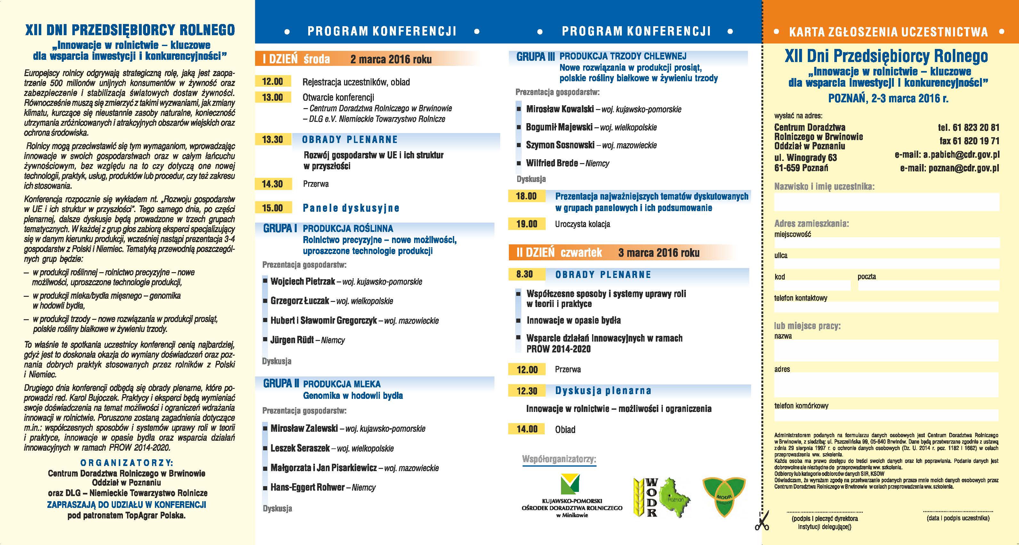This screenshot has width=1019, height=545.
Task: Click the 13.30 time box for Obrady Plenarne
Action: pos(273,139)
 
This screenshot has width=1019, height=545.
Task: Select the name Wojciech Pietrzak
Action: pos(303,281)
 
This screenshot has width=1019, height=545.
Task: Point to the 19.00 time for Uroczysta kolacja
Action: pos(526,224)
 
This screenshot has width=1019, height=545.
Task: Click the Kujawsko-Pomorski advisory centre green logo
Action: pos(570,485)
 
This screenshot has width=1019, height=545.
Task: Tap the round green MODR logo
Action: pos(724,497)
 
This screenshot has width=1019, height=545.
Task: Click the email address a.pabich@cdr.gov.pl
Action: pos(947,154)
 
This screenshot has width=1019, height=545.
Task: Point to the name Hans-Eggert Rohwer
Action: pos(307,487)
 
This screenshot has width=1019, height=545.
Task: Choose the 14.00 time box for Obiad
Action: pos(527,429)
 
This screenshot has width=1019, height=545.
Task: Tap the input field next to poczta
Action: pos(928,285)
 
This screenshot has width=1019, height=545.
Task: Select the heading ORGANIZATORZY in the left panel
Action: pos(127,463)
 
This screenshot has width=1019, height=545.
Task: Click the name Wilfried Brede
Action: pos(551,163)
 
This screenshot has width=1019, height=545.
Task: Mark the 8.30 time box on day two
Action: pos(525,274)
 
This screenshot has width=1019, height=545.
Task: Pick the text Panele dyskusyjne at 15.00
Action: pos(351,208)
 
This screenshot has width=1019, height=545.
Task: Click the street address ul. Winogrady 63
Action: pos(806,158)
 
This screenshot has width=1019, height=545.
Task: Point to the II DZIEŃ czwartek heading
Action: pos(559,253)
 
